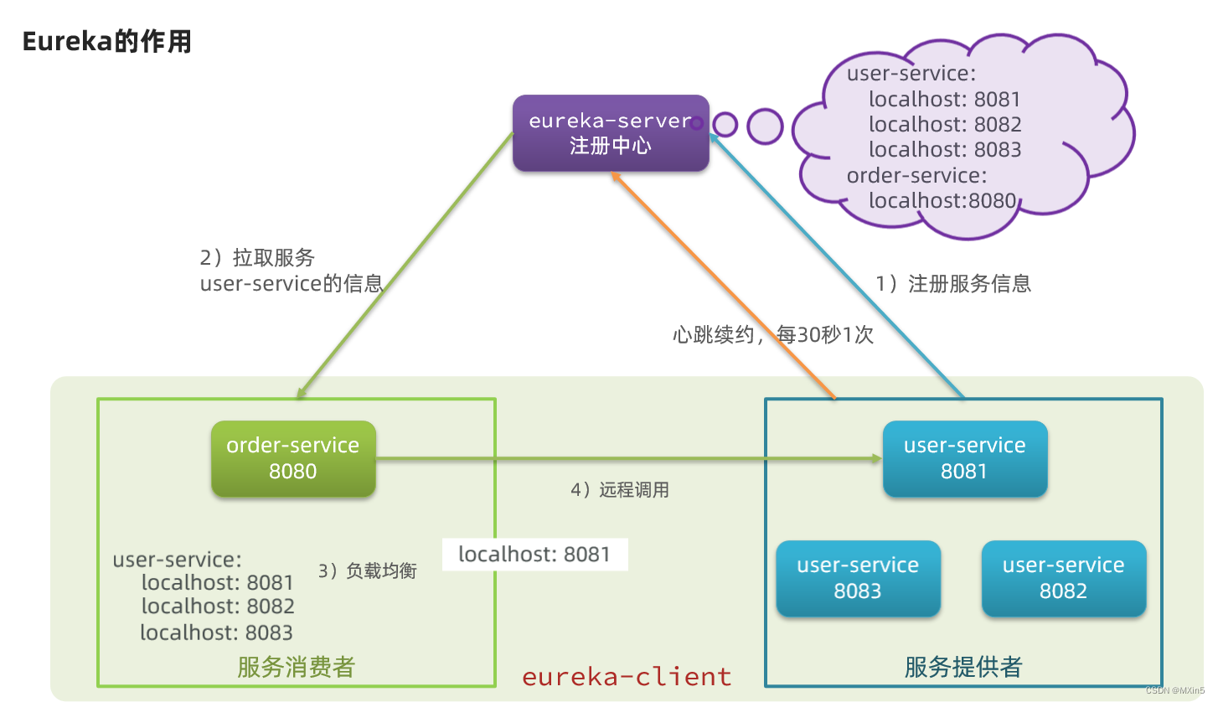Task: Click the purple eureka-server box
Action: point(611,133)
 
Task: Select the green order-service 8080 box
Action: point(293,458)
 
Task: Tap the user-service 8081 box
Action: point(964,458)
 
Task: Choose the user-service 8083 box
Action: point(858,578)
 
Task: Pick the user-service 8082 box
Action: point(1063,578)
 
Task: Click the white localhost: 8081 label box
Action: point(534,555)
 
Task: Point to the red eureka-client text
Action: point(627,676)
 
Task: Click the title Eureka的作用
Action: point(106,42)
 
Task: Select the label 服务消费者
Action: point(296,667)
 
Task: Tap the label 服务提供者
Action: point(963,667)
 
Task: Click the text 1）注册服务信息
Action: point(953,284)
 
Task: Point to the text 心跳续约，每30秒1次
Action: point(772,335)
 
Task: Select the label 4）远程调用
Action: point(620,490)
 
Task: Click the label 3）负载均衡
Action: point(367,571)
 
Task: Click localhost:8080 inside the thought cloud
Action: point(942,201)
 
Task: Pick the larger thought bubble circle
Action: point(764,126)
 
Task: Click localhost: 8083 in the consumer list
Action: point(216,632)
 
